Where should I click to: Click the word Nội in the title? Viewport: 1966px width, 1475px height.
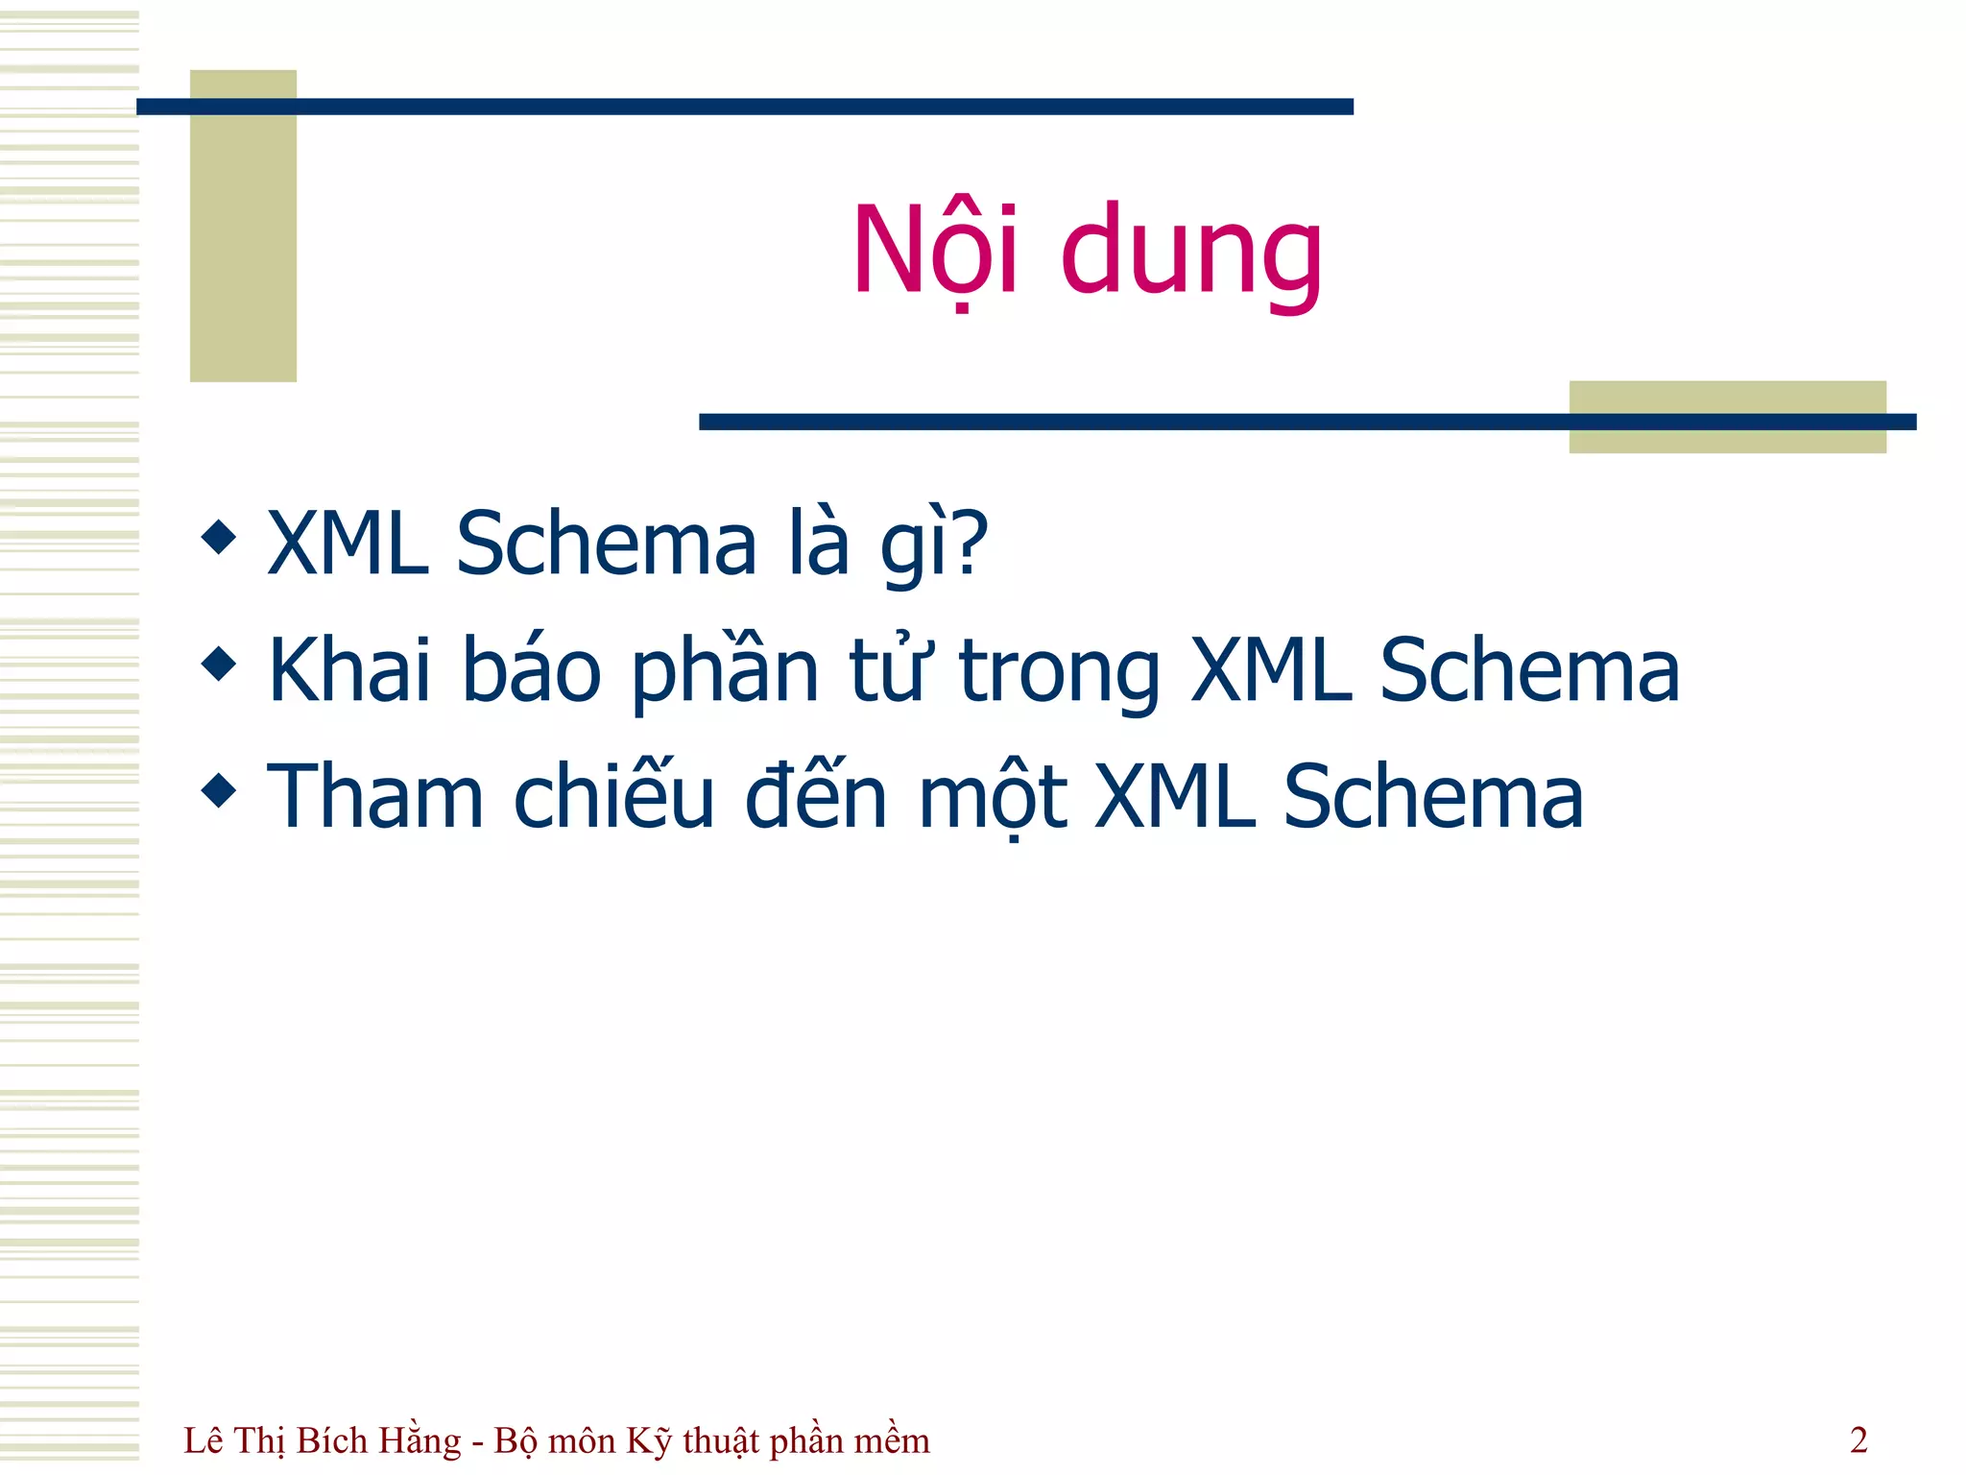[x=935, y=252]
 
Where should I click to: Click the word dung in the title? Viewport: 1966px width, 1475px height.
[x=1191, y=252]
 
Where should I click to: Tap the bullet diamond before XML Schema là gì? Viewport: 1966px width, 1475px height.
[x=219, y=538]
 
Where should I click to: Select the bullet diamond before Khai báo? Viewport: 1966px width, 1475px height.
[x=219, y=664]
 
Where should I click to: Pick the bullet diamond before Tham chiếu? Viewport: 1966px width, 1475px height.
[x=219, y=790]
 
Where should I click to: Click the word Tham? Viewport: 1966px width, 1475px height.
[x=374, y=796]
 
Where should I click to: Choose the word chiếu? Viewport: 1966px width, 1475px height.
[x=614, y=796]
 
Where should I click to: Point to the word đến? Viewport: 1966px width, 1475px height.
[x=816, y=796]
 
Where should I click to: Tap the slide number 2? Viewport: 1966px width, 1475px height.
[x=1858, y=1440]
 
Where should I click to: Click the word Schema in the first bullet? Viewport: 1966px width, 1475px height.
[x=607, y=544]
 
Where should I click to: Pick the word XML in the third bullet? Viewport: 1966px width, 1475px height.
[x=1175, y=796]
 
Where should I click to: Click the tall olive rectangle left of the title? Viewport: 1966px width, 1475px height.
[x=243, y=226]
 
